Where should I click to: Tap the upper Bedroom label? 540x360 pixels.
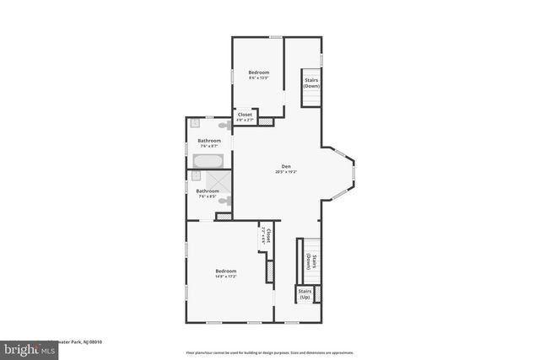(x=258, y=73)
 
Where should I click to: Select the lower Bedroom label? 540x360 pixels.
(x=225, y=271)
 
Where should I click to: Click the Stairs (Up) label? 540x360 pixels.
(x=305, y=294)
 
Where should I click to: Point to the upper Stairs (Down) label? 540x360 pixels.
(x=311, y=83)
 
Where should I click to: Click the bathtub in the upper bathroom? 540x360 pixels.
(x=208, y=160)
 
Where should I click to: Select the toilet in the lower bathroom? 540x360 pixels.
(x=224, y=201)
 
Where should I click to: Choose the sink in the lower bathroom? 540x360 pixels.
(x=196, y=177)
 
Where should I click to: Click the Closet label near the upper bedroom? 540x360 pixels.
(x=245, y=115)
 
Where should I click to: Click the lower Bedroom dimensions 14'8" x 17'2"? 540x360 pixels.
(x=225, y=277)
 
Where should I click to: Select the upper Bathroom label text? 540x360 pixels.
(x=209, y=140)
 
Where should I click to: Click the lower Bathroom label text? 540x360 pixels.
(x=208, y=191)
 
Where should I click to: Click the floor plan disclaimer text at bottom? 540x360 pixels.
(x=270, y=352)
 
